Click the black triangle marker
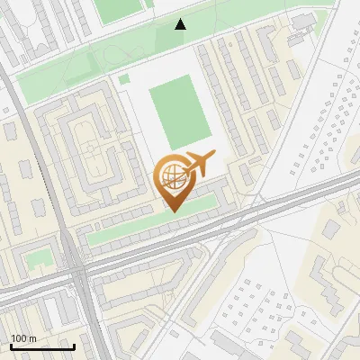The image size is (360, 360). [181, 24]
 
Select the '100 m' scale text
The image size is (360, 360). [22, 338]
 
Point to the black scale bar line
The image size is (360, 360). [41, 347]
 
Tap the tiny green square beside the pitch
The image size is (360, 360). [124, 80]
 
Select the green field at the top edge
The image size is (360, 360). [117, 10]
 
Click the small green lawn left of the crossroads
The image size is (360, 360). [38, 259]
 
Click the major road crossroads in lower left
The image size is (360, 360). [76, 268]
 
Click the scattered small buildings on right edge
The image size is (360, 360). [333, 117]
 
